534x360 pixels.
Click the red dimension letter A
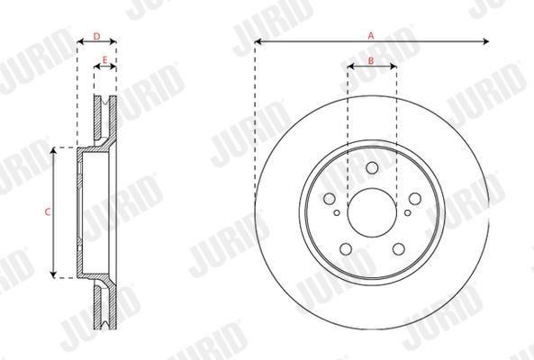point(371,35)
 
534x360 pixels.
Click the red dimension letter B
point(371,60)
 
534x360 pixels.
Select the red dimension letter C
point(48,212)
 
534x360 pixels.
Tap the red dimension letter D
point(96,36)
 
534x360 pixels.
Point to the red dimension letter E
point(104,60)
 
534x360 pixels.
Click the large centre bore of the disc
point(372,212)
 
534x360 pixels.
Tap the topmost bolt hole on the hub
point(372,167)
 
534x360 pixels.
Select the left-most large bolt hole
point(330,199)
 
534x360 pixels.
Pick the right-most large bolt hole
point(415,199)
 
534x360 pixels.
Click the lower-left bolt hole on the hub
point(346,248)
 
